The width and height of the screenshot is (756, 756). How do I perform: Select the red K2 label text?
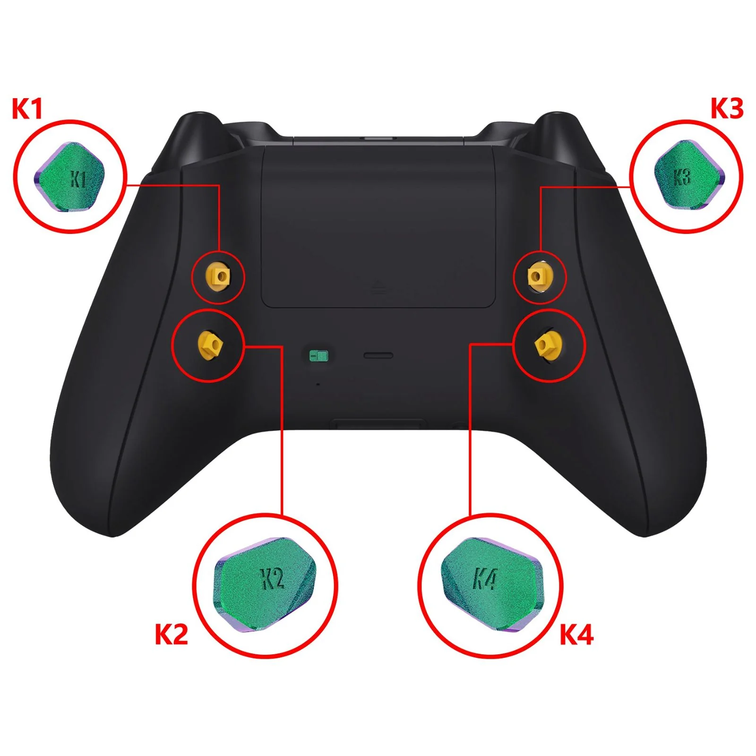coord(172,635)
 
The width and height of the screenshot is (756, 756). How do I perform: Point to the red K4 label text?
coord(576,635)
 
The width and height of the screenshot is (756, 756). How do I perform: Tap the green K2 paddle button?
coord(265,584)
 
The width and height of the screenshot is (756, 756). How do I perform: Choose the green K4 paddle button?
coord(492,584)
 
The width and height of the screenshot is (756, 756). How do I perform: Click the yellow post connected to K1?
coord(218,276)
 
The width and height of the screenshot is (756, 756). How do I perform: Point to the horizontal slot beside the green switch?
coord(378,355)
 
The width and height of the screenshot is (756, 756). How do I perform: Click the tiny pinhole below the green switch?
coord(318,384)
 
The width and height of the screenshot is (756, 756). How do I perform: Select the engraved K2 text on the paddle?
coord(273,579)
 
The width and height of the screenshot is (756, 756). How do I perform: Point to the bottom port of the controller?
coord(378,423)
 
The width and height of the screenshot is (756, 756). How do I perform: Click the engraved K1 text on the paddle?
coord(78,179)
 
